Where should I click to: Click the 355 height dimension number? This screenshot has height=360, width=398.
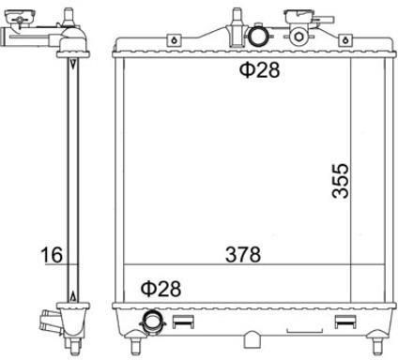(340, 181)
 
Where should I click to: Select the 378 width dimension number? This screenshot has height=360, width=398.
(243, 254)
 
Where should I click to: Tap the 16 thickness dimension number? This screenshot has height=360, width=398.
(52, 255)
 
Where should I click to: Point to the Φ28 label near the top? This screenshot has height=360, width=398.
(259, 70)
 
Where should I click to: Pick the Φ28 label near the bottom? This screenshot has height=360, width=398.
(161, 289)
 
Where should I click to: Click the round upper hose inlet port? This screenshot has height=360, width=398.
(258, 37)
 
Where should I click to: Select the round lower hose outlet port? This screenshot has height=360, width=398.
(152, 322)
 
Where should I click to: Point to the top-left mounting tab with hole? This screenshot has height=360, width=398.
(175, 40)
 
